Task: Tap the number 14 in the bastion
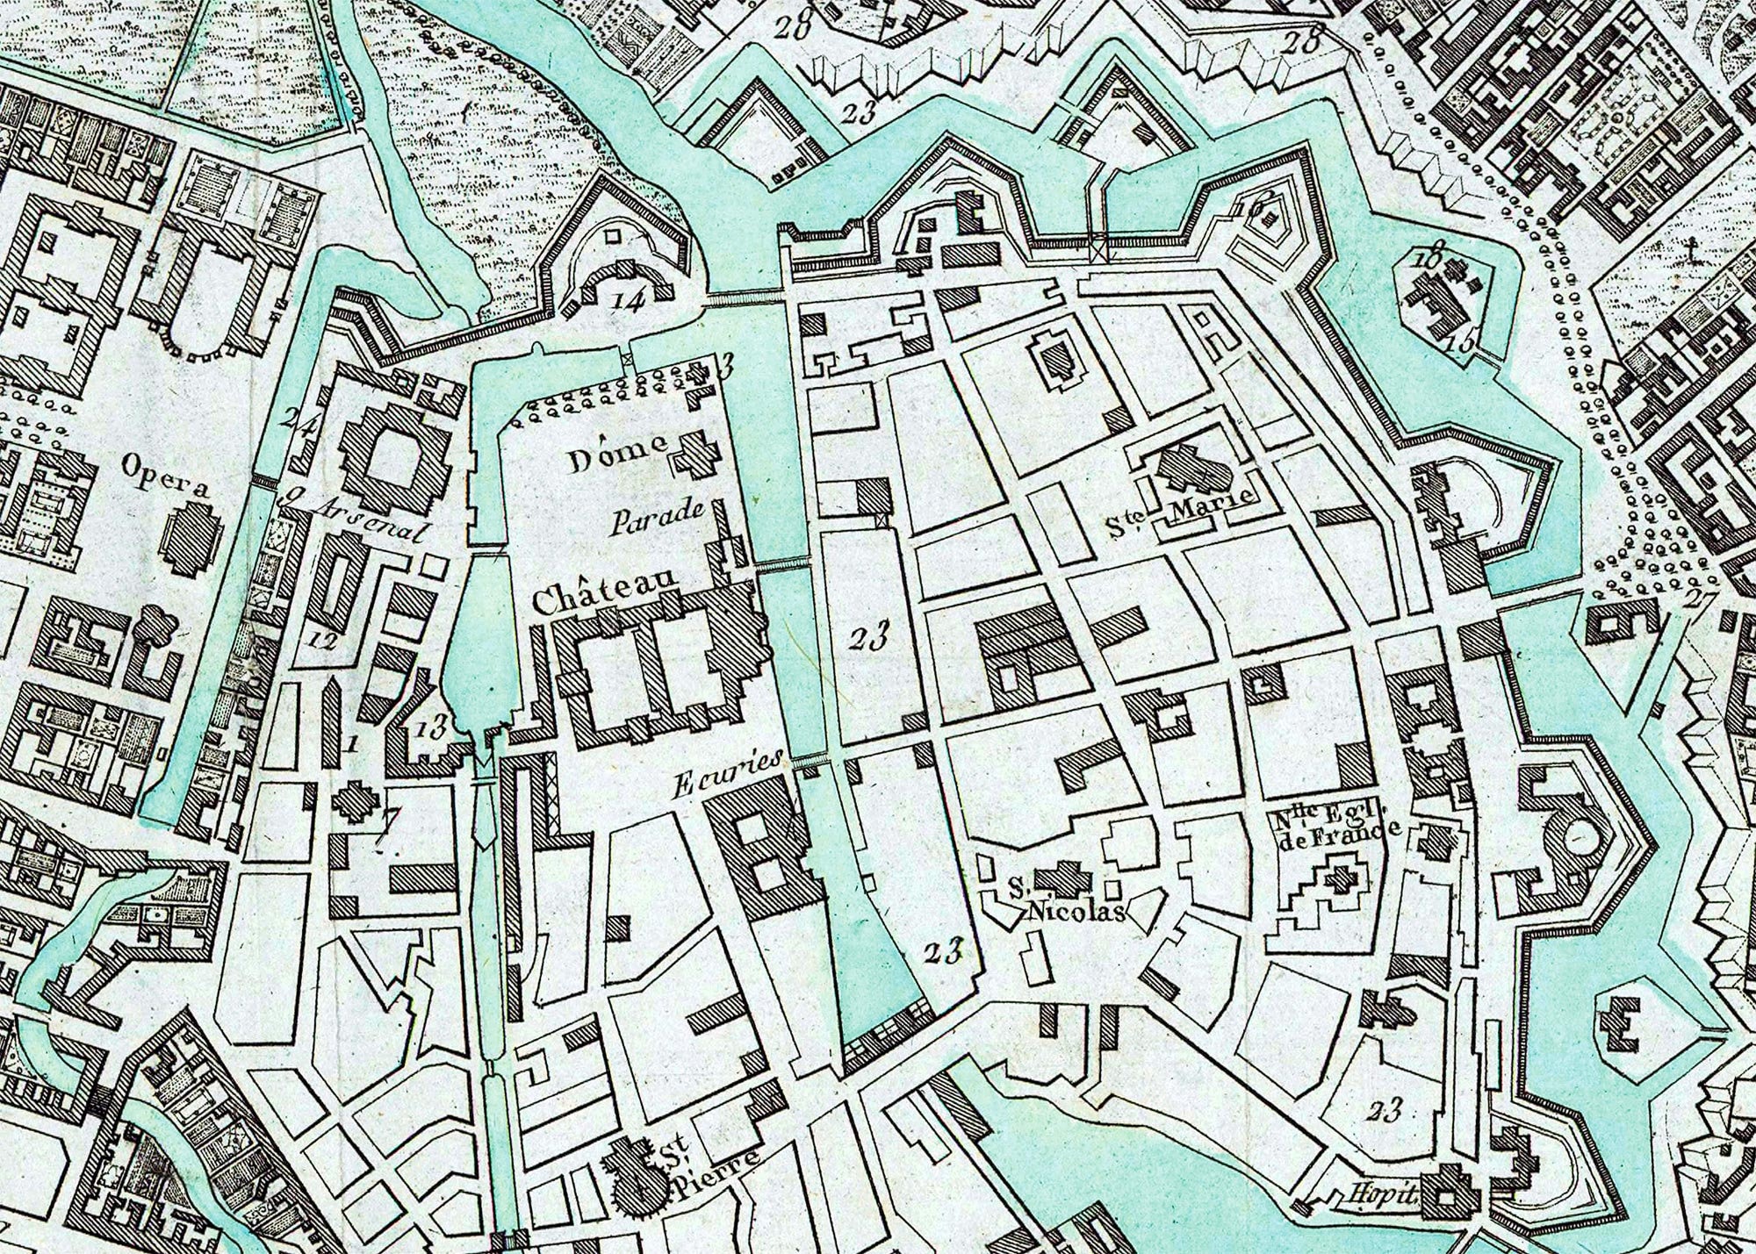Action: (x=630, y=301)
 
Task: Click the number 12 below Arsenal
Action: (x=323, y=641)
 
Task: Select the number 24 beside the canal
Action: (x=299, y=421)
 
